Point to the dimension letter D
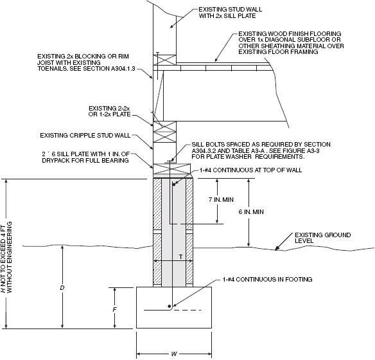62,287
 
